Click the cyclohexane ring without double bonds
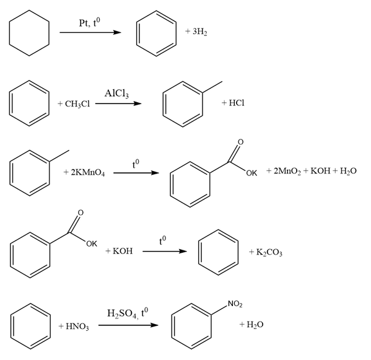[9, 33]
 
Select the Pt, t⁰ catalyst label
[89, 23]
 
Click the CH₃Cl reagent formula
[77, 104]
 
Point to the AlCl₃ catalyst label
[116, 94]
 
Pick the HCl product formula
[237, 103]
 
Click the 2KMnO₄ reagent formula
[88, 172]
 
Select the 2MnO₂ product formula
[287, 171]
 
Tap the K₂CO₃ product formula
[269, 252]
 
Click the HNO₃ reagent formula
[77, 327]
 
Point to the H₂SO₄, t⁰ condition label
[128, 314]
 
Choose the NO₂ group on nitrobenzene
[235, 304]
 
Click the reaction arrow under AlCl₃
[118, 103]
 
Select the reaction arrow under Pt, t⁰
[90, 32]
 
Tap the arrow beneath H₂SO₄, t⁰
[128, 325]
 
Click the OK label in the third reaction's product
[251, 173]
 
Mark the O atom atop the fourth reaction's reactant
[81, 213]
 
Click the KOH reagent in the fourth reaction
[123, 251]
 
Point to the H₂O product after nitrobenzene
[255, 325]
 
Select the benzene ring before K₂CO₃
[199, 253]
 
